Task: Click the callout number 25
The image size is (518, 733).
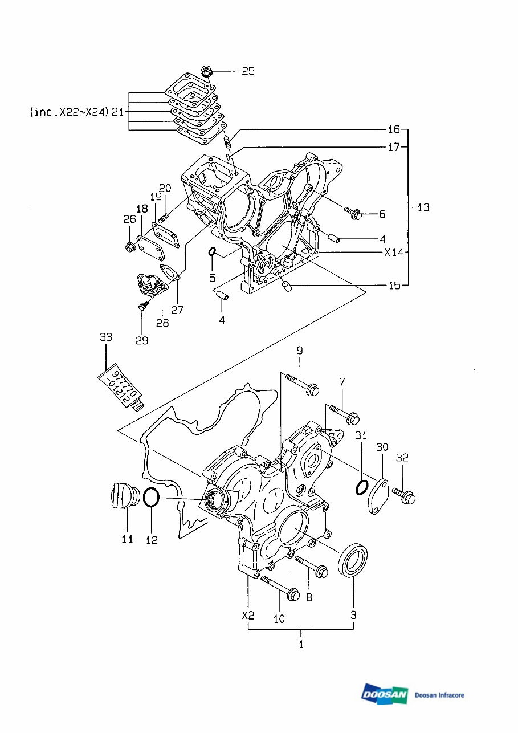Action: click(248, 71)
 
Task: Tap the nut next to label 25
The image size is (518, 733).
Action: click(206, 72)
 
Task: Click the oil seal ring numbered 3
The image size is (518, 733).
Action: click(353, 560)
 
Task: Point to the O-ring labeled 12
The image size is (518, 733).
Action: click(151, 498)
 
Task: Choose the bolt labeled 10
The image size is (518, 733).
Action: click(281, 588)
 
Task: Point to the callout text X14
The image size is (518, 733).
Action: click(393, 252)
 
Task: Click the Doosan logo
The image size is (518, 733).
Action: click(385, 694)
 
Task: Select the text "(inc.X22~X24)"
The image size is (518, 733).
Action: click(68, 112)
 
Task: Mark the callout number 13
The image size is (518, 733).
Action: click(423, 207)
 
